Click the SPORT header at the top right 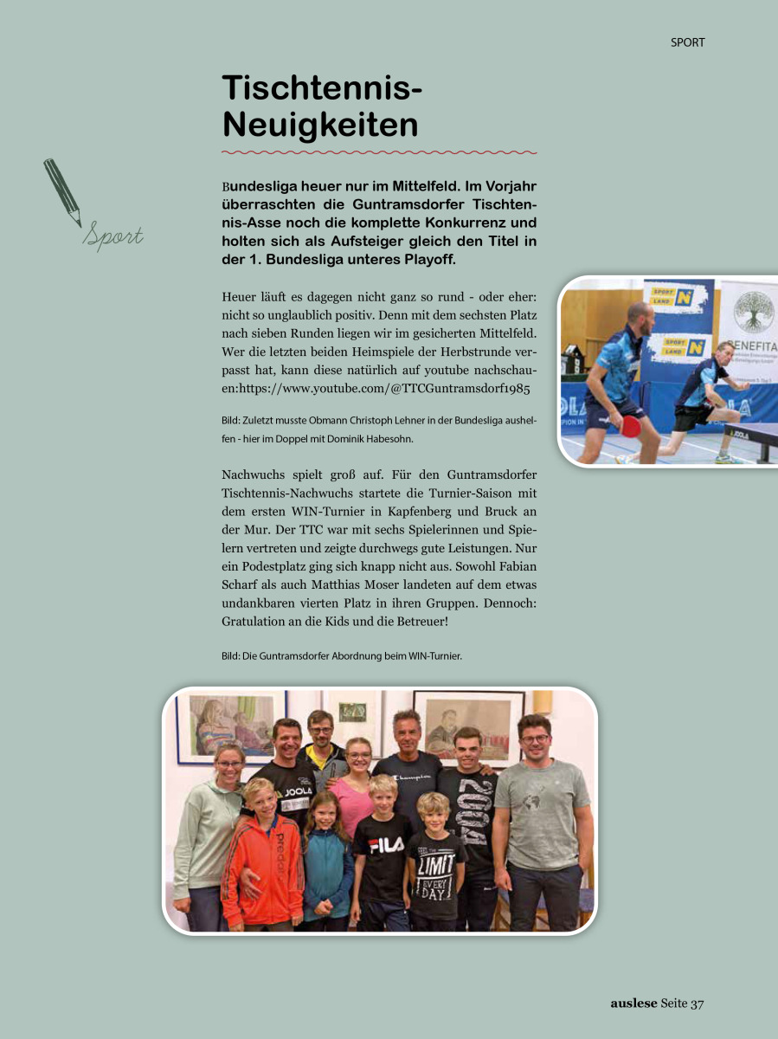(687, 42)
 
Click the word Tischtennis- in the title (322, 89)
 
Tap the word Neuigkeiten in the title (320, 126)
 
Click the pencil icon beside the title (62, 191)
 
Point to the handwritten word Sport (113, 236)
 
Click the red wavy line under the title (379, 152)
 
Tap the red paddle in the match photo (631, 426)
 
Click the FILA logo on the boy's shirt (386, 846)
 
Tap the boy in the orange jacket (261, 853)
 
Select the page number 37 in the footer (698, 1004)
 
